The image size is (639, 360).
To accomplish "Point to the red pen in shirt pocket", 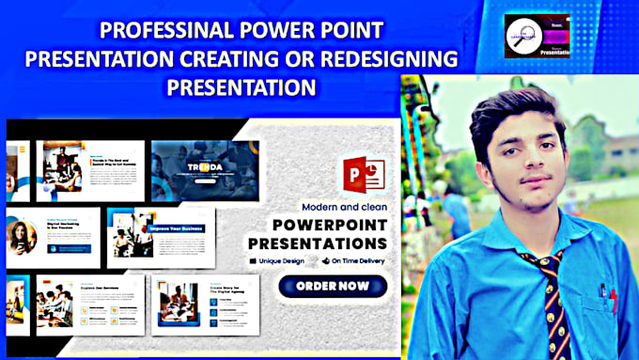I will pos(612,299).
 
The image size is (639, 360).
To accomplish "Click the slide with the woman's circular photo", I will pos(53,236).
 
